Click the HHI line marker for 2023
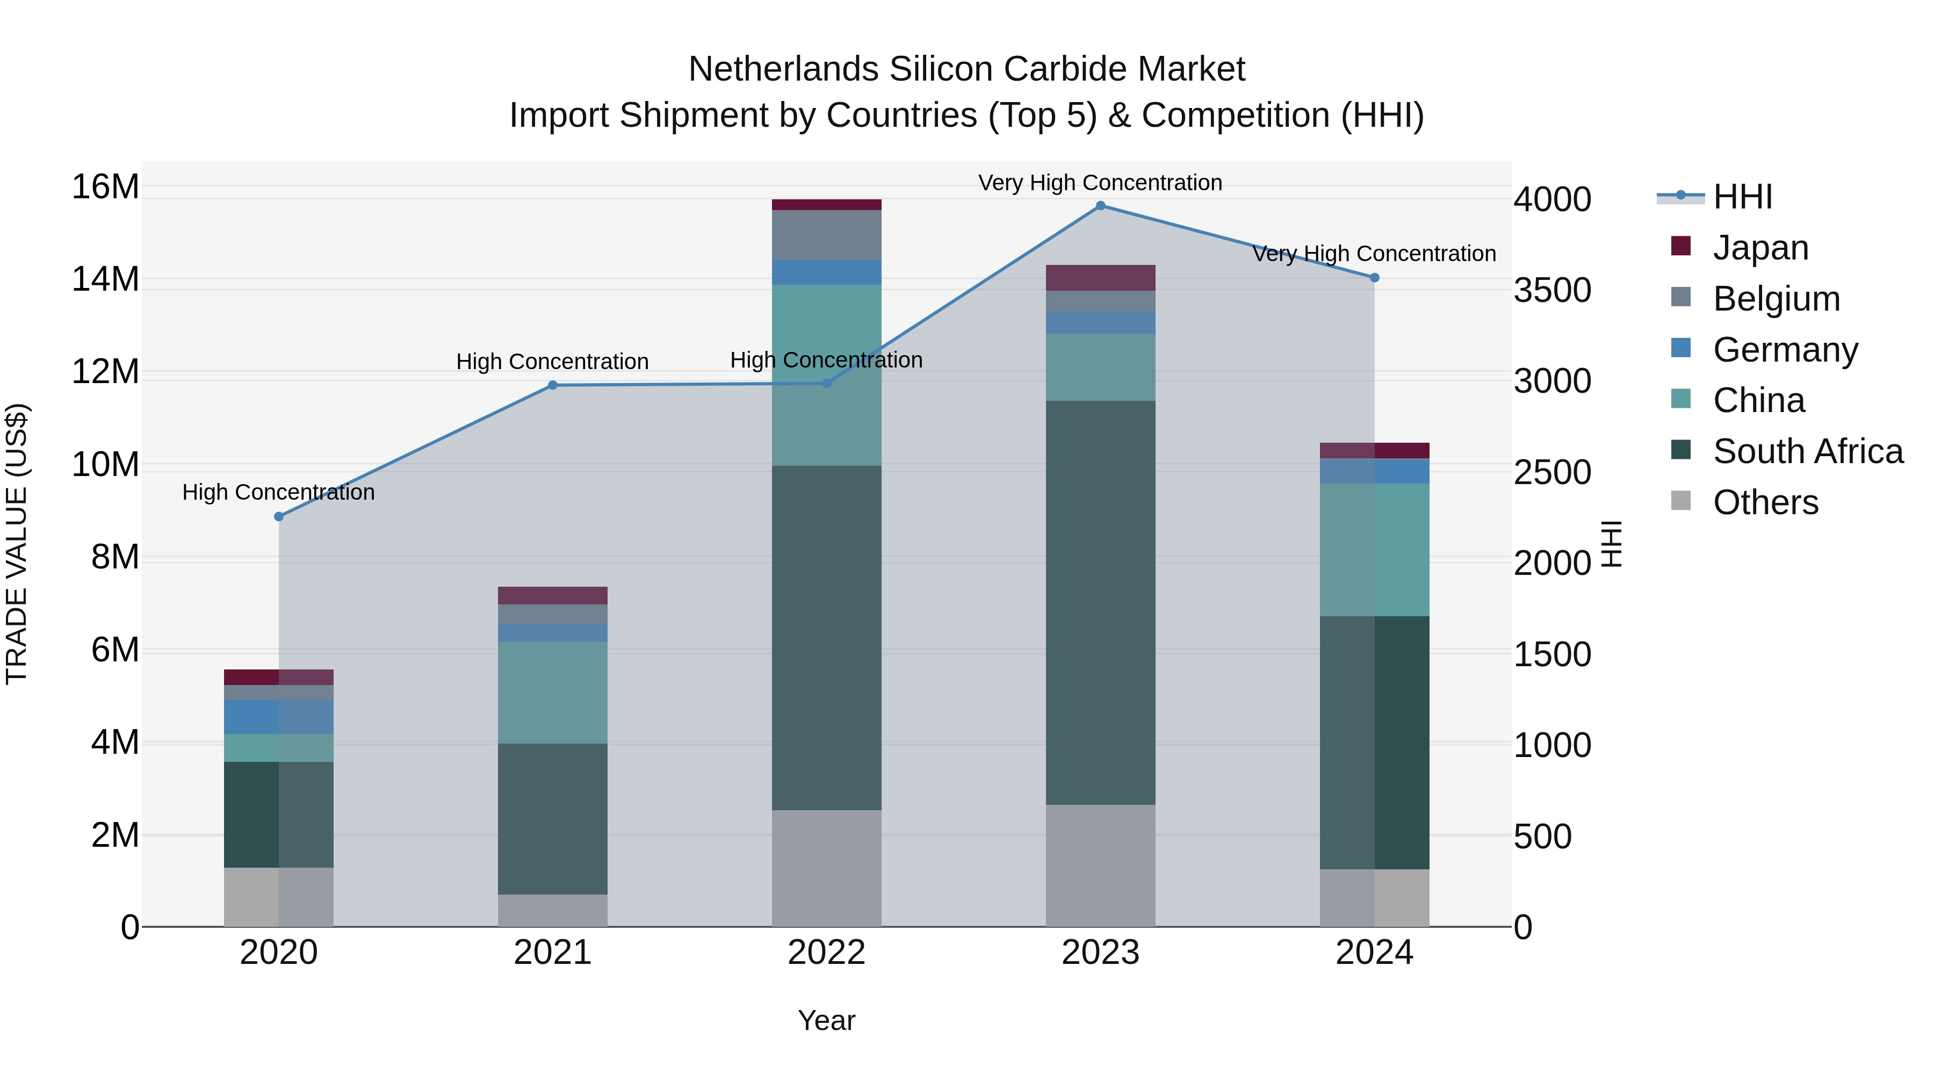(1101, 206)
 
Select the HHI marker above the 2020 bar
(278, 516)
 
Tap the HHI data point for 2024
(1375, 278)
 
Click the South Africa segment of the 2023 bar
(1101, 602)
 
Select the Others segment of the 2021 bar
(553, 910)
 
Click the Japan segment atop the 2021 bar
(553, 595)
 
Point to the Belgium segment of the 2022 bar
(827, 235)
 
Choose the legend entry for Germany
(1785, 350)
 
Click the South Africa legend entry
(1807, 451)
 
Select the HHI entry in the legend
(1742, 197)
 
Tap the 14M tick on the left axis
(105, 279)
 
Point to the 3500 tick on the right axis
(1552, 291)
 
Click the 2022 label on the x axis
(827, 953)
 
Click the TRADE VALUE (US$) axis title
(17, 544)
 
